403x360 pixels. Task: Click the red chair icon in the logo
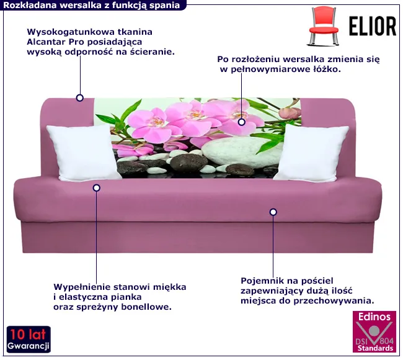click(324, 27)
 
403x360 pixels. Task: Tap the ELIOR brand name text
click(373, 26)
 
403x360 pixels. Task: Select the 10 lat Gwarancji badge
click(29, 340)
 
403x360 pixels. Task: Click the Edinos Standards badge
click(374, 331)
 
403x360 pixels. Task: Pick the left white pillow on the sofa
click(82, 152)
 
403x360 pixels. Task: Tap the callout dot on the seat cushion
click(97, 188)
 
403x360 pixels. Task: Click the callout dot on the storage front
click(273, 212)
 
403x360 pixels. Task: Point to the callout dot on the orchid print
click(241, 122)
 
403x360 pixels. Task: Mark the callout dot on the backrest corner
click(80, 98)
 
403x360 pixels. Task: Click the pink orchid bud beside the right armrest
click(290, 113)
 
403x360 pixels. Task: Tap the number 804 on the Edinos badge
click(386, 341)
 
